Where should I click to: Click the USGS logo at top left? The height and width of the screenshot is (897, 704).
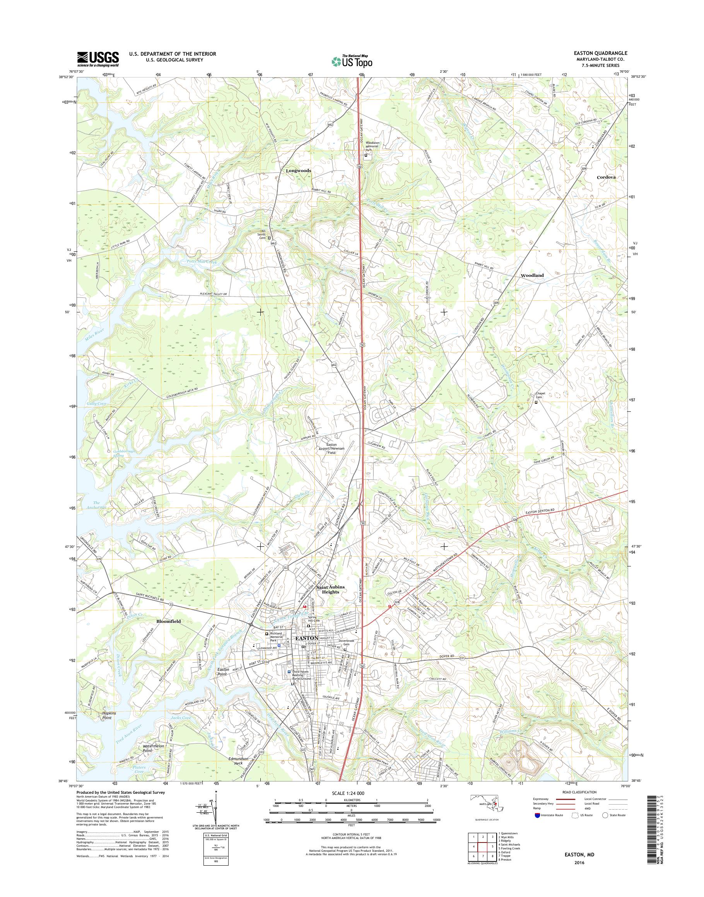click(x=98, y=59)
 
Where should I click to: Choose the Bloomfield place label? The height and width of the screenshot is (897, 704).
click(x=168, y=621)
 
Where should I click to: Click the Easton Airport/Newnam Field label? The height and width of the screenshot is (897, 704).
click(x=332, y=448)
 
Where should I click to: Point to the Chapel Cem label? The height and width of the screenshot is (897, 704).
click(x=540, y=395)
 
